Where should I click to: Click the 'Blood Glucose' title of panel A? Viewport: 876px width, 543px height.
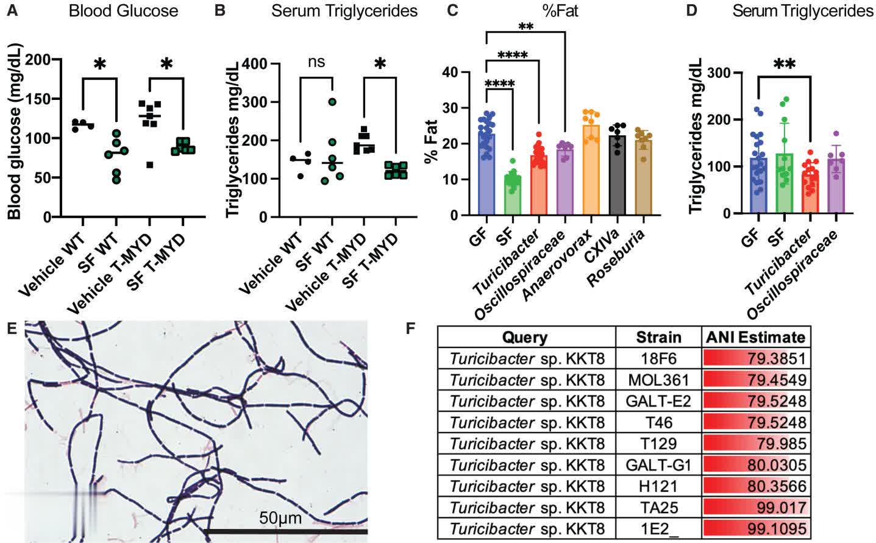click(123, 11)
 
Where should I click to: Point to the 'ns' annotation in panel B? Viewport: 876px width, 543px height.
click(316, 62)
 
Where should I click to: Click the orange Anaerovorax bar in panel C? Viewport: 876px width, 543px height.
click(592, 171)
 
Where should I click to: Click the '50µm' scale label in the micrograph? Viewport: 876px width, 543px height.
click(280, 519)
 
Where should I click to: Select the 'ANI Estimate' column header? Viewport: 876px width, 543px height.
click(755, 337)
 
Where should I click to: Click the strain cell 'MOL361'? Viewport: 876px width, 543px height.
click(658, 380)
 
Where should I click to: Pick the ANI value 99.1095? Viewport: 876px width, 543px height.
click(777, 528)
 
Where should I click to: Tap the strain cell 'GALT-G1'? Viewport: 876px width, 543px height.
click(658, 465)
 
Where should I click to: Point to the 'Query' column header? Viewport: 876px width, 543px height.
click(525, 337)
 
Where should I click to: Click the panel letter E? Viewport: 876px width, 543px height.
click(11, 328)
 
